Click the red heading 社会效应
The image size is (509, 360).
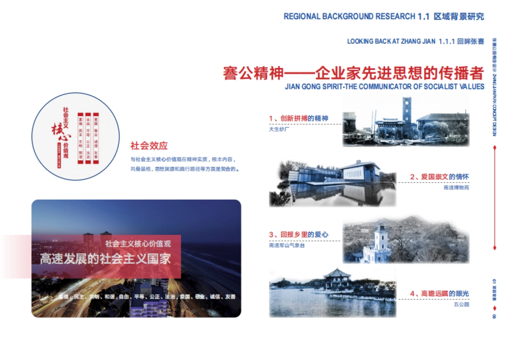click(149, 146)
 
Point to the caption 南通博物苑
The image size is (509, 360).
click(456, 187)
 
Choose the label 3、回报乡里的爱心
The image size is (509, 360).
click(298, 234)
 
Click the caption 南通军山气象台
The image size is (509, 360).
click(287, 245)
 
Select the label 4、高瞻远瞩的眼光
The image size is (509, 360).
click(439, 293)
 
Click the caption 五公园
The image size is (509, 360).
click(463, 304)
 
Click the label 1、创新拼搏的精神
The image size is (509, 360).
click(299, 118)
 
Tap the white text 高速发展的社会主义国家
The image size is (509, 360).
click(105, 259)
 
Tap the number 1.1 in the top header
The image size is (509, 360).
click(424, 17)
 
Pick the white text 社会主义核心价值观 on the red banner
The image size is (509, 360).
click(138, 244)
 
